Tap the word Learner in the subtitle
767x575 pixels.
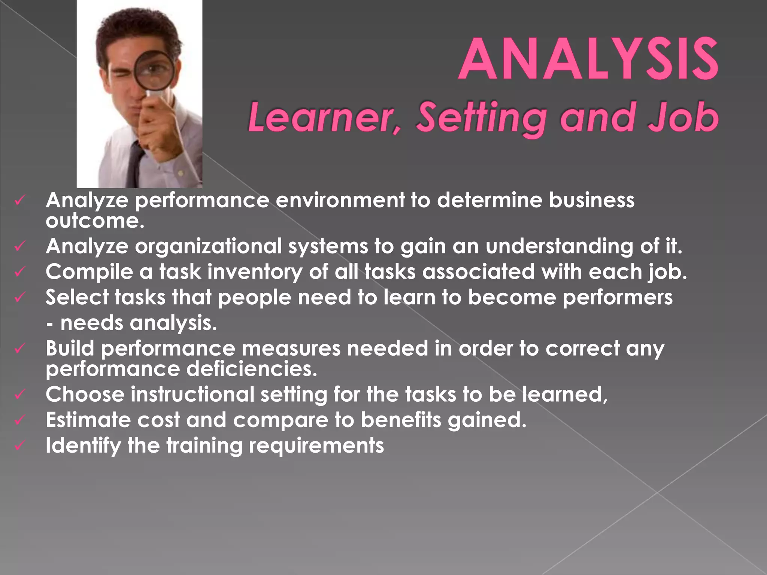[x=324, y=118]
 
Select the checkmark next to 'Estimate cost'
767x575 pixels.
[x=19, y=420]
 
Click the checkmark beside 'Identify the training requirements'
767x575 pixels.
[x=19, y=445]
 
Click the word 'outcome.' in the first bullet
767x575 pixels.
[x=95, y=220]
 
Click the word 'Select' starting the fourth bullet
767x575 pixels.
[x=77, y=297]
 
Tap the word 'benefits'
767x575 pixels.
[x=401, y=420]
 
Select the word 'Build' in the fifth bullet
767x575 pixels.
[x=70, y=348]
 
